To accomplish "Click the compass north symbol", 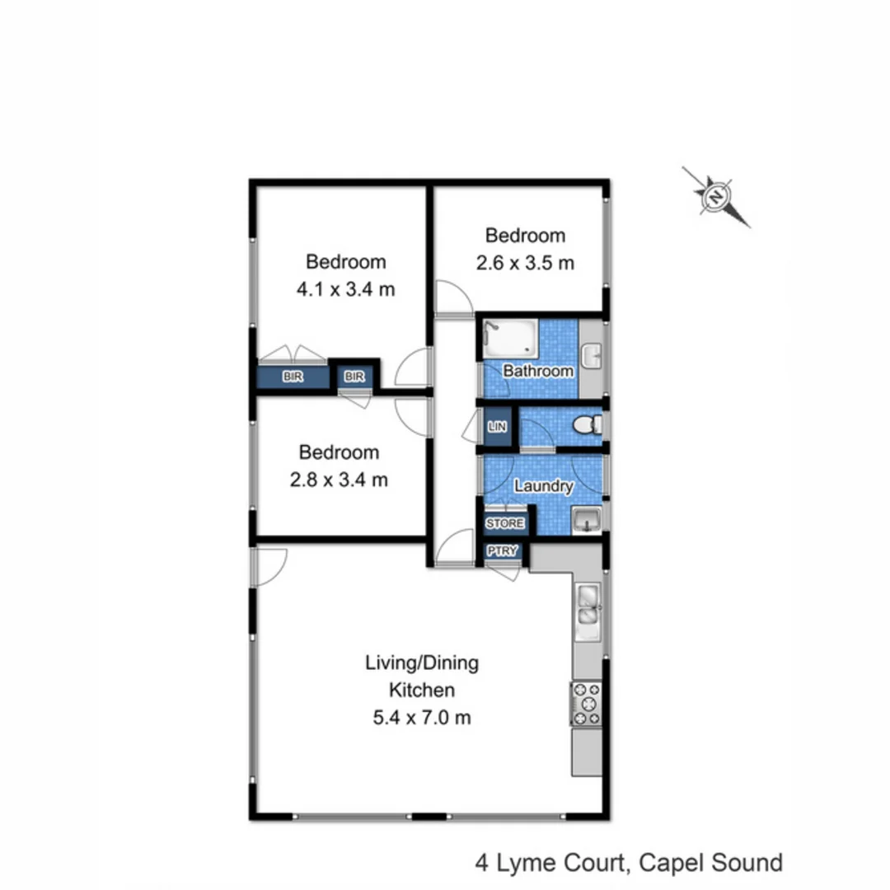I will (716, 197).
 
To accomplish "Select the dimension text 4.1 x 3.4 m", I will (345, 289).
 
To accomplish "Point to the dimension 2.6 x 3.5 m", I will (525, 263).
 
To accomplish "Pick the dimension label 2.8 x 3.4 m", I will (339, 479).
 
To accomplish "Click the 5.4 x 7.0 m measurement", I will (421, 717).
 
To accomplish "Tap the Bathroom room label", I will (538, 371).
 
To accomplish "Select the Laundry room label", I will (542, 486).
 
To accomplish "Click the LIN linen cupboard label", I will (497, 427).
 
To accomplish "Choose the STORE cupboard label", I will (504, 523).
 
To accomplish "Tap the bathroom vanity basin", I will (592, 356).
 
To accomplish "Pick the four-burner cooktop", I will (586, 704).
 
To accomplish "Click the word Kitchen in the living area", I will (421, 690).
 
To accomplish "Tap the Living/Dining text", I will (421, 663).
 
